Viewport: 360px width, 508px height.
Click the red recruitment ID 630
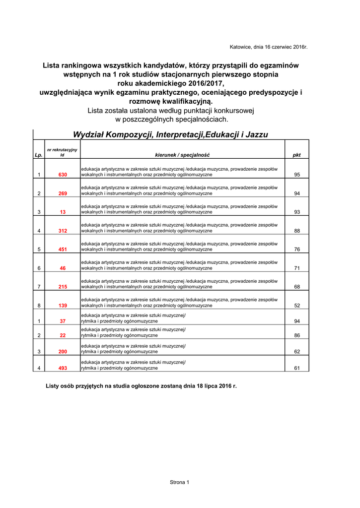click(63, 175)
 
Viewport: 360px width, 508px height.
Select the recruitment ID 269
click(63, 193)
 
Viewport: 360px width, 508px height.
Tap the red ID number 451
click(63, 250)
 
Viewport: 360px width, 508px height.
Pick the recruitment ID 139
click(63, 306)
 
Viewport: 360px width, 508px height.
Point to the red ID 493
click(63, 368)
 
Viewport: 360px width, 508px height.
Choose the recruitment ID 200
click(63, 352)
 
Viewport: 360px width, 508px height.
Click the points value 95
click(297, 175)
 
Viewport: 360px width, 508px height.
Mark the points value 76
click(297, 250)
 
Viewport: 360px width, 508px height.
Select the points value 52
click(297, 306)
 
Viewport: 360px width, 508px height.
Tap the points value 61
click(297, 368)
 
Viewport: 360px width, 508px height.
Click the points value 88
click(297, 231)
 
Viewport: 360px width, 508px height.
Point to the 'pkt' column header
click(296, 155)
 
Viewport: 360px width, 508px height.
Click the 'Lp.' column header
click(39, 155)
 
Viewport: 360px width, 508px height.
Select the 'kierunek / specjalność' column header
click(182, 155)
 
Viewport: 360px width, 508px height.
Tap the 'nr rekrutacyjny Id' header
click(62, 152)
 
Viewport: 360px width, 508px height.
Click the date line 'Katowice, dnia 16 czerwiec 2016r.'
click(269, 47)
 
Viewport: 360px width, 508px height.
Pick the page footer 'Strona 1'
click(180, 482)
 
